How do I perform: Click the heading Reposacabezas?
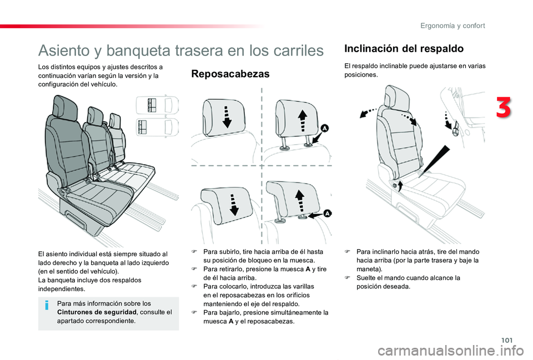[230, 74]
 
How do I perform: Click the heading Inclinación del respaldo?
[404, 49]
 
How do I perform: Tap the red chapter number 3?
[504, 108]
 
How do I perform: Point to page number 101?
[506, 340]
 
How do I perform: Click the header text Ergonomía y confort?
[452, 26]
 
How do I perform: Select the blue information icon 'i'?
[47, 305]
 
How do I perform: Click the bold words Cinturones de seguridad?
[97, 312]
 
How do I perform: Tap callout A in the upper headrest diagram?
[324, 128]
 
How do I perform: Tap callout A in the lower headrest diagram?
[327, 214]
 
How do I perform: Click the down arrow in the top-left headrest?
[227, 117]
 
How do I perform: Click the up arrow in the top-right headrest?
[302, 120]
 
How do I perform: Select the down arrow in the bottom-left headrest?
[234, 205]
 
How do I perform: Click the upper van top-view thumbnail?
[157, 105]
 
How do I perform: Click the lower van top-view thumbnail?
[157, 127]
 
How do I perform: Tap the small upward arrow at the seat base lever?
[400, 186]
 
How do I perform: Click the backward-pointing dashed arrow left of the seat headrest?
[368, 113]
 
